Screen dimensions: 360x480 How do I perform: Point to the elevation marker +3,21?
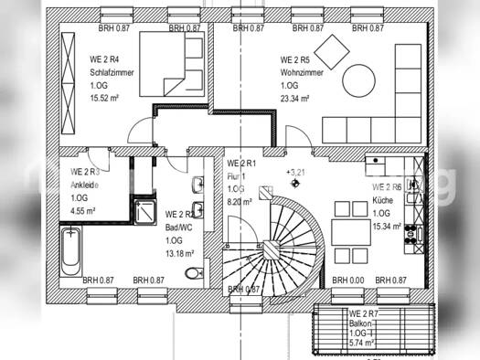pos(295,172)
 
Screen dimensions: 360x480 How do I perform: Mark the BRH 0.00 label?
pos(347,281)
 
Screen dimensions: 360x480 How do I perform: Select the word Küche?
pos(382,198)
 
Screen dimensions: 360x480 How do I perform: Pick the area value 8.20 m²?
pos(240,203)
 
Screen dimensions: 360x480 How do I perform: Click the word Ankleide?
pos(84,184)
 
